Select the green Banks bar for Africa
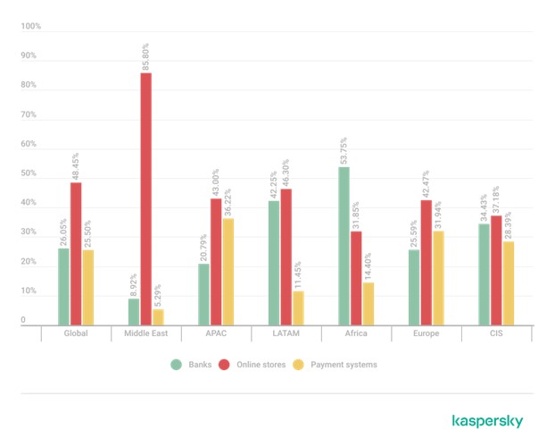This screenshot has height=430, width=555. tap(344, 246)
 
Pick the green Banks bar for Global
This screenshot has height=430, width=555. tap(63, 286)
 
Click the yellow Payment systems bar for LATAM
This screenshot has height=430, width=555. tap(298, 308)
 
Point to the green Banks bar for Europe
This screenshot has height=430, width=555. tap(414, 287)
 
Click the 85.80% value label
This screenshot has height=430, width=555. tap(145, 56)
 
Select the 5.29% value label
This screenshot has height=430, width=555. tap(159, 293)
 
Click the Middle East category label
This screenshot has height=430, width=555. tap(145, 334)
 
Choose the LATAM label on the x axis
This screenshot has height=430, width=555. tap(286, 334)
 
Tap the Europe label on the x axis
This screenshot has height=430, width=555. tap(427, 334)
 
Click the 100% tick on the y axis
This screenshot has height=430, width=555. tap(31, 27)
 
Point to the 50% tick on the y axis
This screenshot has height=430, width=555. tap(29, 174)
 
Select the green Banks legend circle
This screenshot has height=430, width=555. tap(177, 365)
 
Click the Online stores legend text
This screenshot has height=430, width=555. tap(262, 365)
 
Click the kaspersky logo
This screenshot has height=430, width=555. tap(486, 420)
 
